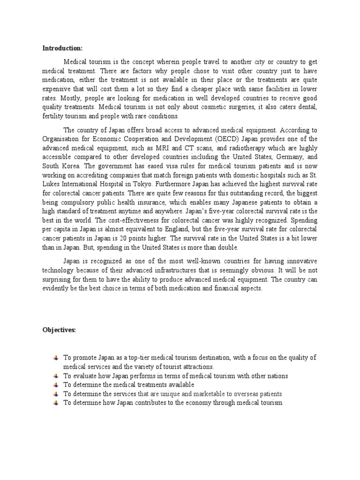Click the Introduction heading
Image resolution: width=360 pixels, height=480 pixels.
click(x=62, y=48)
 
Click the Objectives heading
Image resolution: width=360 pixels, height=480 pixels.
click(x=59, y=330)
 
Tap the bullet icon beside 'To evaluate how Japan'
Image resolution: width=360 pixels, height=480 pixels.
click(x=56, y=376)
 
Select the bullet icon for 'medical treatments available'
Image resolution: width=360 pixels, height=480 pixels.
click(x=56, y=385)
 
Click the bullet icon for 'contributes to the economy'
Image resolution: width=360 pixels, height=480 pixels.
click(x=56, y=403)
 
